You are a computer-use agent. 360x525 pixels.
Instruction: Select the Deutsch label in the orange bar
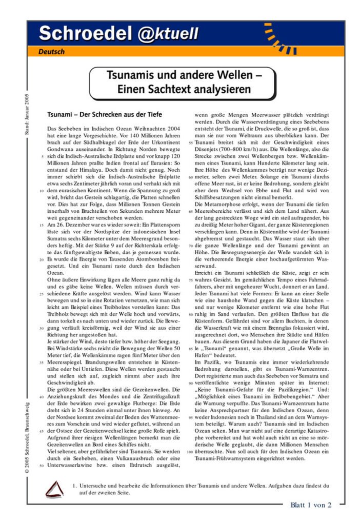point(51,52)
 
